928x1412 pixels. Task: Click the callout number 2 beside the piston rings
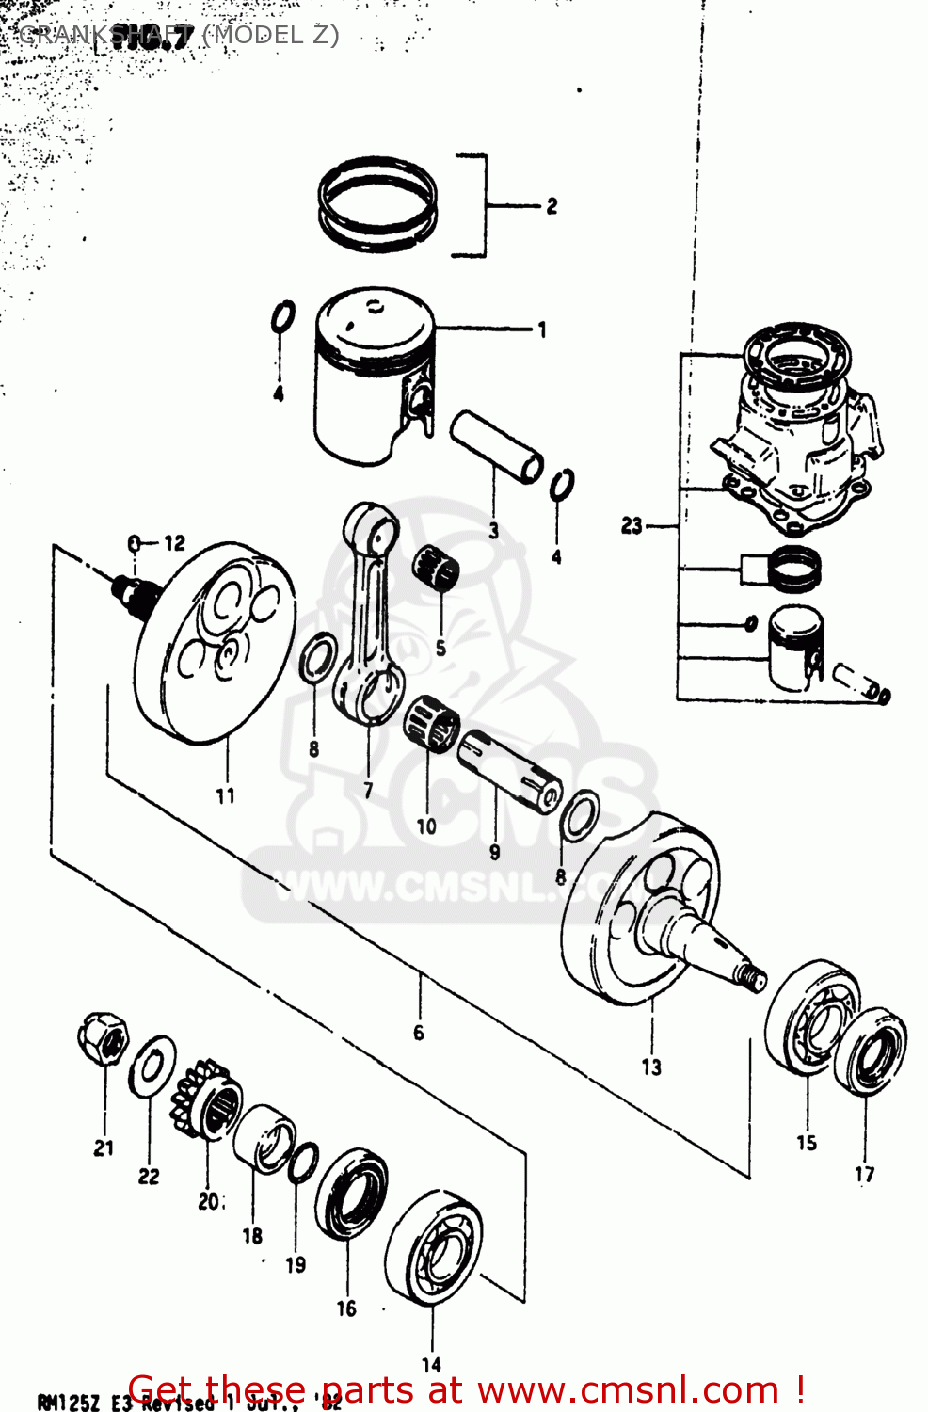coord(552,206)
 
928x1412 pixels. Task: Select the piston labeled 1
coord(372,377)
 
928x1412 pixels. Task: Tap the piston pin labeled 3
coord(496,446)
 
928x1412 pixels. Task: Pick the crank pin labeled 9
coord(510,768)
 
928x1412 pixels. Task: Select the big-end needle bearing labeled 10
coord(432,726)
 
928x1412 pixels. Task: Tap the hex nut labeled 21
coord(103,1040)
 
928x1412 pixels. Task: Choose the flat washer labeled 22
coord(152,1066)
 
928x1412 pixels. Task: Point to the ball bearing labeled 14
coord(434,1252)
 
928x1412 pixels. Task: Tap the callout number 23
coord(632,526)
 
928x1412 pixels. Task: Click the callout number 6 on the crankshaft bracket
coord(419,1033)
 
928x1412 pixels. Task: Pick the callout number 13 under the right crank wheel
coord(651,1067)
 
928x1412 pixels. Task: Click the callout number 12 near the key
coord(175,543)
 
